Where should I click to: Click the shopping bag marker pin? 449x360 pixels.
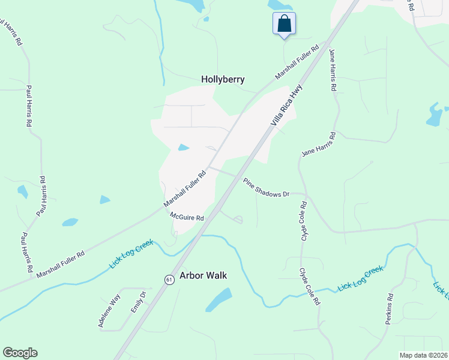(284, 25)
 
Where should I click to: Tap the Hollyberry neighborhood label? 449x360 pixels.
(223, 79)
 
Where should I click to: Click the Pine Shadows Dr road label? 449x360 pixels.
(266, 187)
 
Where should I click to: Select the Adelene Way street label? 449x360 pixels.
(110, 310)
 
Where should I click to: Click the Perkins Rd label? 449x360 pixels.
(390, 308)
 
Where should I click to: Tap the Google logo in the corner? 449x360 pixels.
(20, 353)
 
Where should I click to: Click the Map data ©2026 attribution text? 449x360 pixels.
(423, 355)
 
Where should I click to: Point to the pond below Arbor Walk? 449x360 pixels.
(220, 299)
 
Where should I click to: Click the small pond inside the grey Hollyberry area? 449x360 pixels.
(184, 148)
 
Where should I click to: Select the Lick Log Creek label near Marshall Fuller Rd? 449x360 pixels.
(131, 254)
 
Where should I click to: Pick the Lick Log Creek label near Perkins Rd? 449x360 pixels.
(360, 279)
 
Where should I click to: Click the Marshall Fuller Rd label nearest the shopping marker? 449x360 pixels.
(297, 62)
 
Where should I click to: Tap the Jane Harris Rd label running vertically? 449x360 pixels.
(332, 70)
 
